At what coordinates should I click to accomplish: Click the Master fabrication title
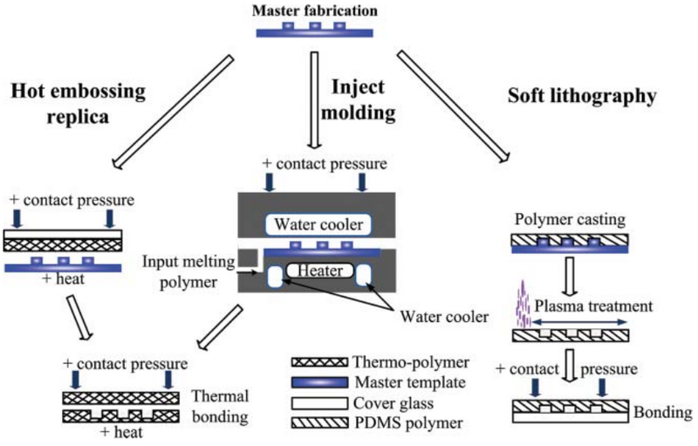pos(315,11)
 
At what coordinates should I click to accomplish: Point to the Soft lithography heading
pos(581,96)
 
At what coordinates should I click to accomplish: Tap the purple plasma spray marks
pos(525,301)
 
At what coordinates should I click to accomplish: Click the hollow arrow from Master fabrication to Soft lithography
pos(452,106)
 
